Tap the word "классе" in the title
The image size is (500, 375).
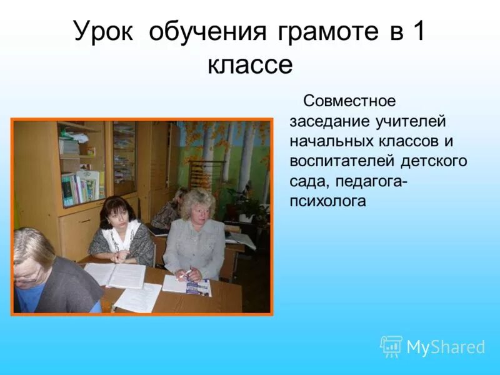[249, 64]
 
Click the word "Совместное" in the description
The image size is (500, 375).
[349, 101]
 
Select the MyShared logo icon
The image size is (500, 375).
[391, 346]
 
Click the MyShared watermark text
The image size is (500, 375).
[446, 347]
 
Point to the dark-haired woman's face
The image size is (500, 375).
[119, 213]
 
